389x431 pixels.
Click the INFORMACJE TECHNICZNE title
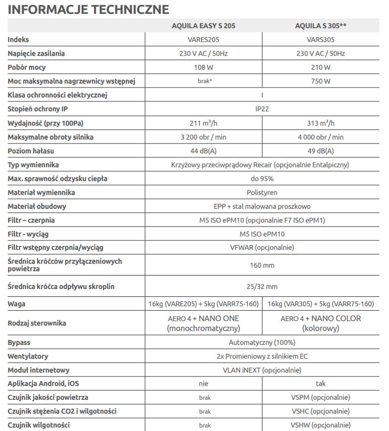tap(89, 9)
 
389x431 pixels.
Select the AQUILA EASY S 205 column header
tap(203, 25)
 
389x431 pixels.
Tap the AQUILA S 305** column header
tap(320, 25)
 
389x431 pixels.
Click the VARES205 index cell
tap(203, 40)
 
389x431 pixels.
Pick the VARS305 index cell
tap(320, 40)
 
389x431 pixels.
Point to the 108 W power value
tap(203, 67)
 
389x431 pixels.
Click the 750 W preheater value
tap(320, 81)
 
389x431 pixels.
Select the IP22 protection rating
tap(262, 109)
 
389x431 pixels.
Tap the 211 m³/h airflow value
tap(203, 123)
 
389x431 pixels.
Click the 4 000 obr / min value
tap(320, 137)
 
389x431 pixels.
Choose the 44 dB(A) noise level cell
tap(203, 150)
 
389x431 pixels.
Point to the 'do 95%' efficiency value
tap(262, 178)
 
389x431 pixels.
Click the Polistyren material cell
tap(262, 192)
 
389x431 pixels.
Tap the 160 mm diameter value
tap(262, 265)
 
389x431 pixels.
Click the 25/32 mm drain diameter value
tap(262, 286)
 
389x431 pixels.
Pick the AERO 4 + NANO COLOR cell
tap(320, 323)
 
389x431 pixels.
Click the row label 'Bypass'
tap(19, 342)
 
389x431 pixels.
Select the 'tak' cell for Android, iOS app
tap(320, 383)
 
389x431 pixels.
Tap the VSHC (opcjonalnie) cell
tap(320, 411)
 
